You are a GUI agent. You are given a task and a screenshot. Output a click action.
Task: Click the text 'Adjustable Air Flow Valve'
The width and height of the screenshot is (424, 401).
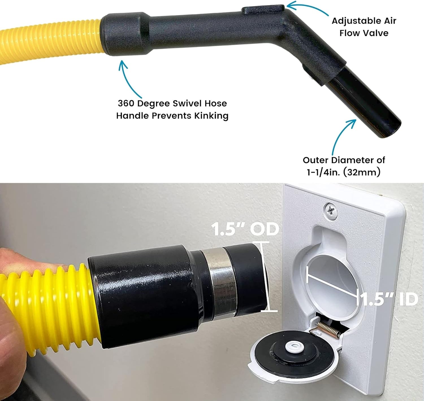[364, 27]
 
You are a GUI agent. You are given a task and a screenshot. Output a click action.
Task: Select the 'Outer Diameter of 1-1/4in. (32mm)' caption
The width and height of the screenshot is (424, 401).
[344, 166]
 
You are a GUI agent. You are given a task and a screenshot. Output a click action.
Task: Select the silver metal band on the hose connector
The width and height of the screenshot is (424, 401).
[219, 284]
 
